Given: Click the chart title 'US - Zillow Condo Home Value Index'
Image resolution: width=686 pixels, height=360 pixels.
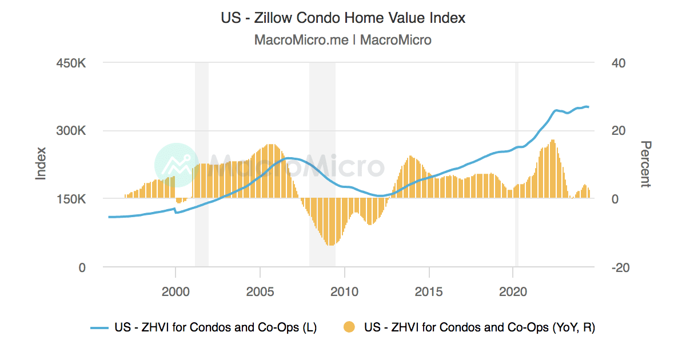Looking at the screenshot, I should click(343, 18).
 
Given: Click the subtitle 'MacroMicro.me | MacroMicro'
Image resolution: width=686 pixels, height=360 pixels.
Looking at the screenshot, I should click(343, 40).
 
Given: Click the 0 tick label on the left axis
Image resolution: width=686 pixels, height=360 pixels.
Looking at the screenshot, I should click(81, 267).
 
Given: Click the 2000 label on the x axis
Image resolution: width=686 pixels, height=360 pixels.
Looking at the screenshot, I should click(175, 291).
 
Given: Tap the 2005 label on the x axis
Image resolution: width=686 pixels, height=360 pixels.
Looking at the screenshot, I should click(260, 291).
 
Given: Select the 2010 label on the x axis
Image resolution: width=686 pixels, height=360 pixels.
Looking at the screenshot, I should click(344, 291).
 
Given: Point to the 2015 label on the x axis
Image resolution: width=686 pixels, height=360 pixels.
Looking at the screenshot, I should click(429, 291).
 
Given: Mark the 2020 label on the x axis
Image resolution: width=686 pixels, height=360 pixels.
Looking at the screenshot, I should click(513, 291).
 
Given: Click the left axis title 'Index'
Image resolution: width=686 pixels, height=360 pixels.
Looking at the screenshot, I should click(41, 165).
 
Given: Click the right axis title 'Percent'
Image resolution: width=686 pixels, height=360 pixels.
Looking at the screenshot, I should click(645, 165).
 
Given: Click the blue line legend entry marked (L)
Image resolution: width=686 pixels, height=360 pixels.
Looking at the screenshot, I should click(204, 327).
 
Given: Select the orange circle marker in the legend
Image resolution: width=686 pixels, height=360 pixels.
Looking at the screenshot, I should click(349, 327).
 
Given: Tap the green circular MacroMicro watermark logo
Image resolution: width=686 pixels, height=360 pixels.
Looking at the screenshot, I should click(177, 165).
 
